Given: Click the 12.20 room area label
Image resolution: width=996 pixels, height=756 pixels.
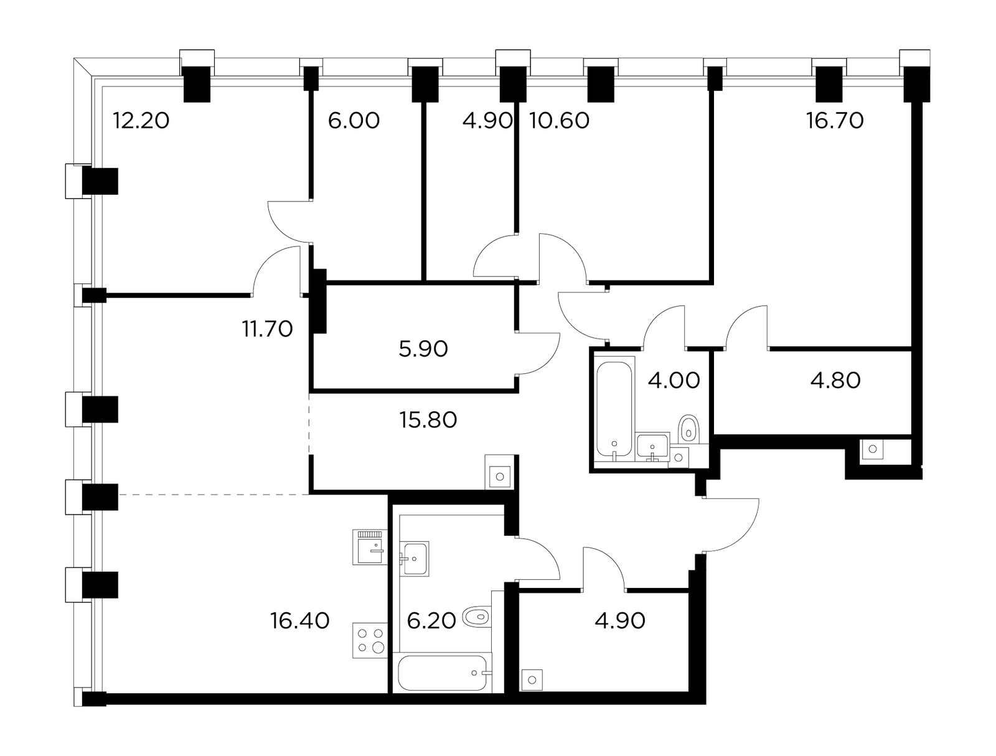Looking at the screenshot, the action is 141,121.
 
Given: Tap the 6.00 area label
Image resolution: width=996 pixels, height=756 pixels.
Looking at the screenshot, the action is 354,121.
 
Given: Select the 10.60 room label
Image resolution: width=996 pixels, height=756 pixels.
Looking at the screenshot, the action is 559,121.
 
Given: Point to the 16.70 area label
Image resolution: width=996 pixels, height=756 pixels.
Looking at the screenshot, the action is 835,121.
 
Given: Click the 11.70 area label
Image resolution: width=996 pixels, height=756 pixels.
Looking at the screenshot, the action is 267,329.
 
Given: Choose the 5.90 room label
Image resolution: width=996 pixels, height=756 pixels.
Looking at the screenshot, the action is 423,348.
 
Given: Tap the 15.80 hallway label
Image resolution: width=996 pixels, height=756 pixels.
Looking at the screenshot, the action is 428,420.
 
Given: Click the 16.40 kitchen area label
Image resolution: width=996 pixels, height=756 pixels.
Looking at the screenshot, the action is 299,620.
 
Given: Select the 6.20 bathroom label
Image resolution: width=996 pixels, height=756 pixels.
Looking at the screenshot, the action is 431,620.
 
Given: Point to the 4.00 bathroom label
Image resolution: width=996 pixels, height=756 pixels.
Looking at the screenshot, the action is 674,381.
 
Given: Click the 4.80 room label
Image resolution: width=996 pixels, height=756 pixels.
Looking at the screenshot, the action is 835,381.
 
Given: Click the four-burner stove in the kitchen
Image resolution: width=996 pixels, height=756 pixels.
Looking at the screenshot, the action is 370,640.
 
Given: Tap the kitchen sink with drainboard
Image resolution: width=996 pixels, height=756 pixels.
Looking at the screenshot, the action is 370,547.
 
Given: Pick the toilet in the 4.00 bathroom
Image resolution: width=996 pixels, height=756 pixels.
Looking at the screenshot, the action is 689,429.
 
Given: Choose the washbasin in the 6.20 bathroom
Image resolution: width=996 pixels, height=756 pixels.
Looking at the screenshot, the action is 415,559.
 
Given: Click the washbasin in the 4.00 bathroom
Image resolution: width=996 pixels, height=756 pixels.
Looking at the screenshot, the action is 652,447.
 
